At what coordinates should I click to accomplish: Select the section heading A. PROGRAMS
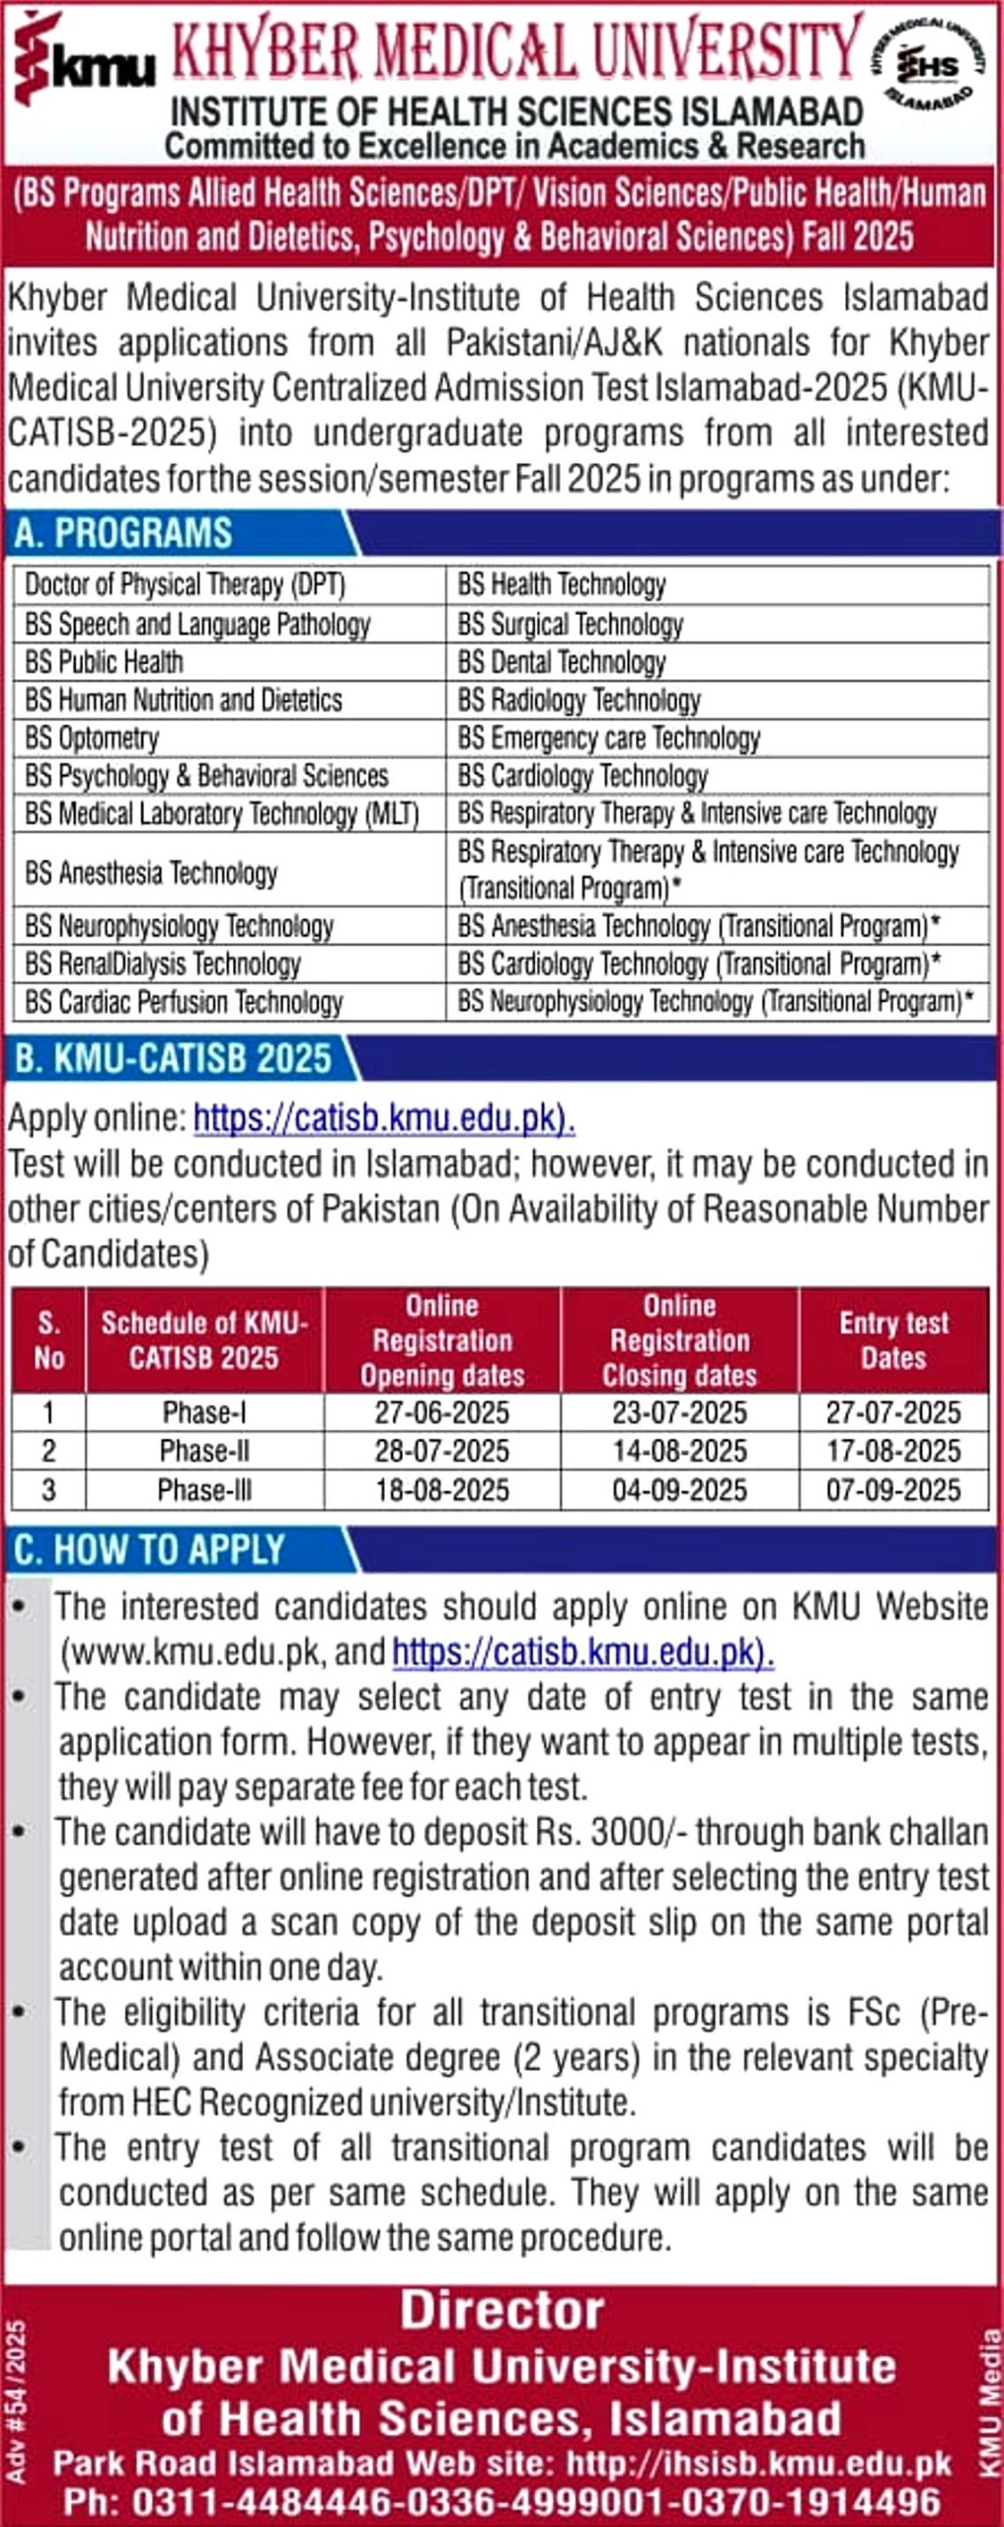(123, 533)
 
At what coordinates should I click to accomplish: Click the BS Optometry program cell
(92, 738)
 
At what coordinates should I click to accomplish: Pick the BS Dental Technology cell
(562, 662)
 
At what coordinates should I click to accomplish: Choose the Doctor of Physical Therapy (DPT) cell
(185, 585)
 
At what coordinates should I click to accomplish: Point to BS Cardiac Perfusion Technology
(184, 1003)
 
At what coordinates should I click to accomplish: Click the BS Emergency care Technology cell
(608, 738)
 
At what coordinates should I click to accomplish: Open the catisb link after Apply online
(384, 1118)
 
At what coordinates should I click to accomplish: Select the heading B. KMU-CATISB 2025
(173, 1059)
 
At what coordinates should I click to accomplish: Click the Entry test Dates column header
(893, 1340)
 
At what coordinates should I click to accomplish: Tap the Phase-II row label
(204, 1451)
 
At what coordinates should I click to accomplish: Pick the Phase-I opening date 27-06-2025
(441, 1413)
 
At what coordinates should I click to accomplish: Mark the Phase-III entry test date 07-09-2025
(893, 1490)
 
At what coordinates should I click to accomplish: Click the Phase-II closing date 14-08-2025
(679, 1451)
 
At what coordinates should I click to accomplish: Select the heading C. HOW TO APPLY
(149, 1551)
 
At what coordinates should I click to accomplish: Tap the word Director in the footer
(502, 2311)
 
